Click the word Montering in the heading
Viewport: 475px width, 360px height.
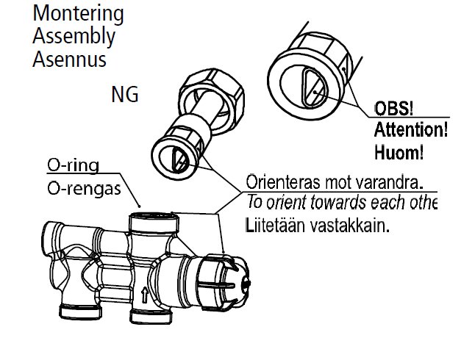(x=78, y=14)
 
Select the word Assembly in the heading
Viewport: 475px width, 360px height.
(x=74, y=36)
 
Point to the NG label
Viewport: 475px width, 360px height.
(x=125, y=95)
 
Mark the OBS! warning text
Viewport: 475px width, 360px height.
(x=394, y=109)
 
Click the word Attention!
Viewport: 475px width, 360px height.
(x=410, y=132)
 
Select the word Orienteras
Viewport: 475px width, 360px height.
(x=280, y=181)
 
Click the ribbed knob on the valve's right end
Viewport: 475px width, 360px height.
(x=224, y=278)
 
